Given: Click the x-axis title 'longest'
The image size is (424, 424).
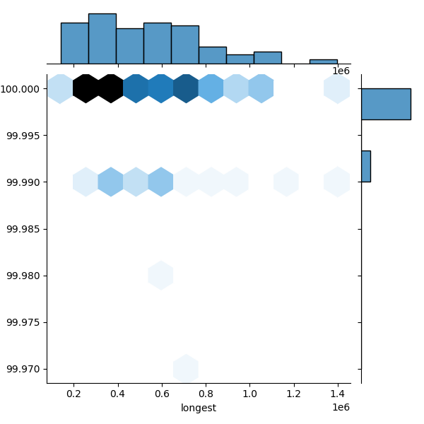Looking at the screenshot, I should click(x=199, y=408).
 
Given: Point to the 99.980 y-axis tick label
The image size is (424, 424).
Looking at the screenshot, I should click(x=23, y=276).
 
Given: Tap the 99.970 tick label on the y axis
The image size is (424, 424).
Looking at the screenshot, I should click(x=23, y=369).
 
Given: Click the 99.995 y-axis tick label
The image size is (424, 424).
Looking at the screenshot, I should click(x=23, y=136).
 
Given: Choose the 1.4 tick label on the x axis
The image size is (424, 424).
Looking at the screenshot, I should click(x=338, y=393).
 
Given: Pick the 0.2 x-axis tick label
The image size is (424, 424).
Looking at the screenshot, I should click(x=73, y=393).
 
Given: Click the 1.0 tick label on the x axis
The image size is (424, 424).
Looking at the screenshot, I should click(x=249, y=393).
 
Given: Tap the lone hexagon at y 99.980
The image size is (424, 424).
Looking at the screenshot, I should click(x=161, y=275).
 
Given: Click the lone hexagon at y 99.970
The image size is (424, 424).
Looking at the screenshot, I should click(x=186, y=368).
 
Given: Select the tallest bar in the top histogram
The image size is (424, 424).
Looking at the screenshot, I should click(x=102, y=39).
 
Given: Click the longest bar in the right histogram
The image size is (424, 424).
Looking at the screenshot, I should click(x=386, y=104).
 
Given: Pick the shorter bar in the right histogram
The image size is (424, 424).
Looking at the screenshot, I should click(x=366, y=166).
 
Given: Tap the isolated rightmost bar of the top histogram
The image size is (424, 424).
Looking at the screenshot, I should click(x=323, y=61).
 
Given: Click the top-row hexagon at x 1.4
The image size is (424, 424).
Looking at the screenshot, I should click(x=337, y=88).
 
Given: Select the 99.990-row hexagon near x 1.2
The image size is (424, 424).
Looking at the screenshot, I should click(x=286, y=182).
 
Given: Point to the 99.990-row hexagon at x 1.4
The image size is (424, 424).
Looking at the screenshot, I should click(x=337, y=182).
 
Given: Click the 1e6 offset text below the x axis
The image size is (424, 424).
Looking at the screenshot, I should click(x=341, y=407).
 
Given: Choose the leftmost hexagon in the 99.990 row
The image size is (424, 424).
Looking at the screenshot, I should click(x=86, y=182).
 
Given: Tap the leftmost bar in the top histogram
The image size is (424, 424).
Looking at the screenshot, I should click(x=75, y=43).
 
